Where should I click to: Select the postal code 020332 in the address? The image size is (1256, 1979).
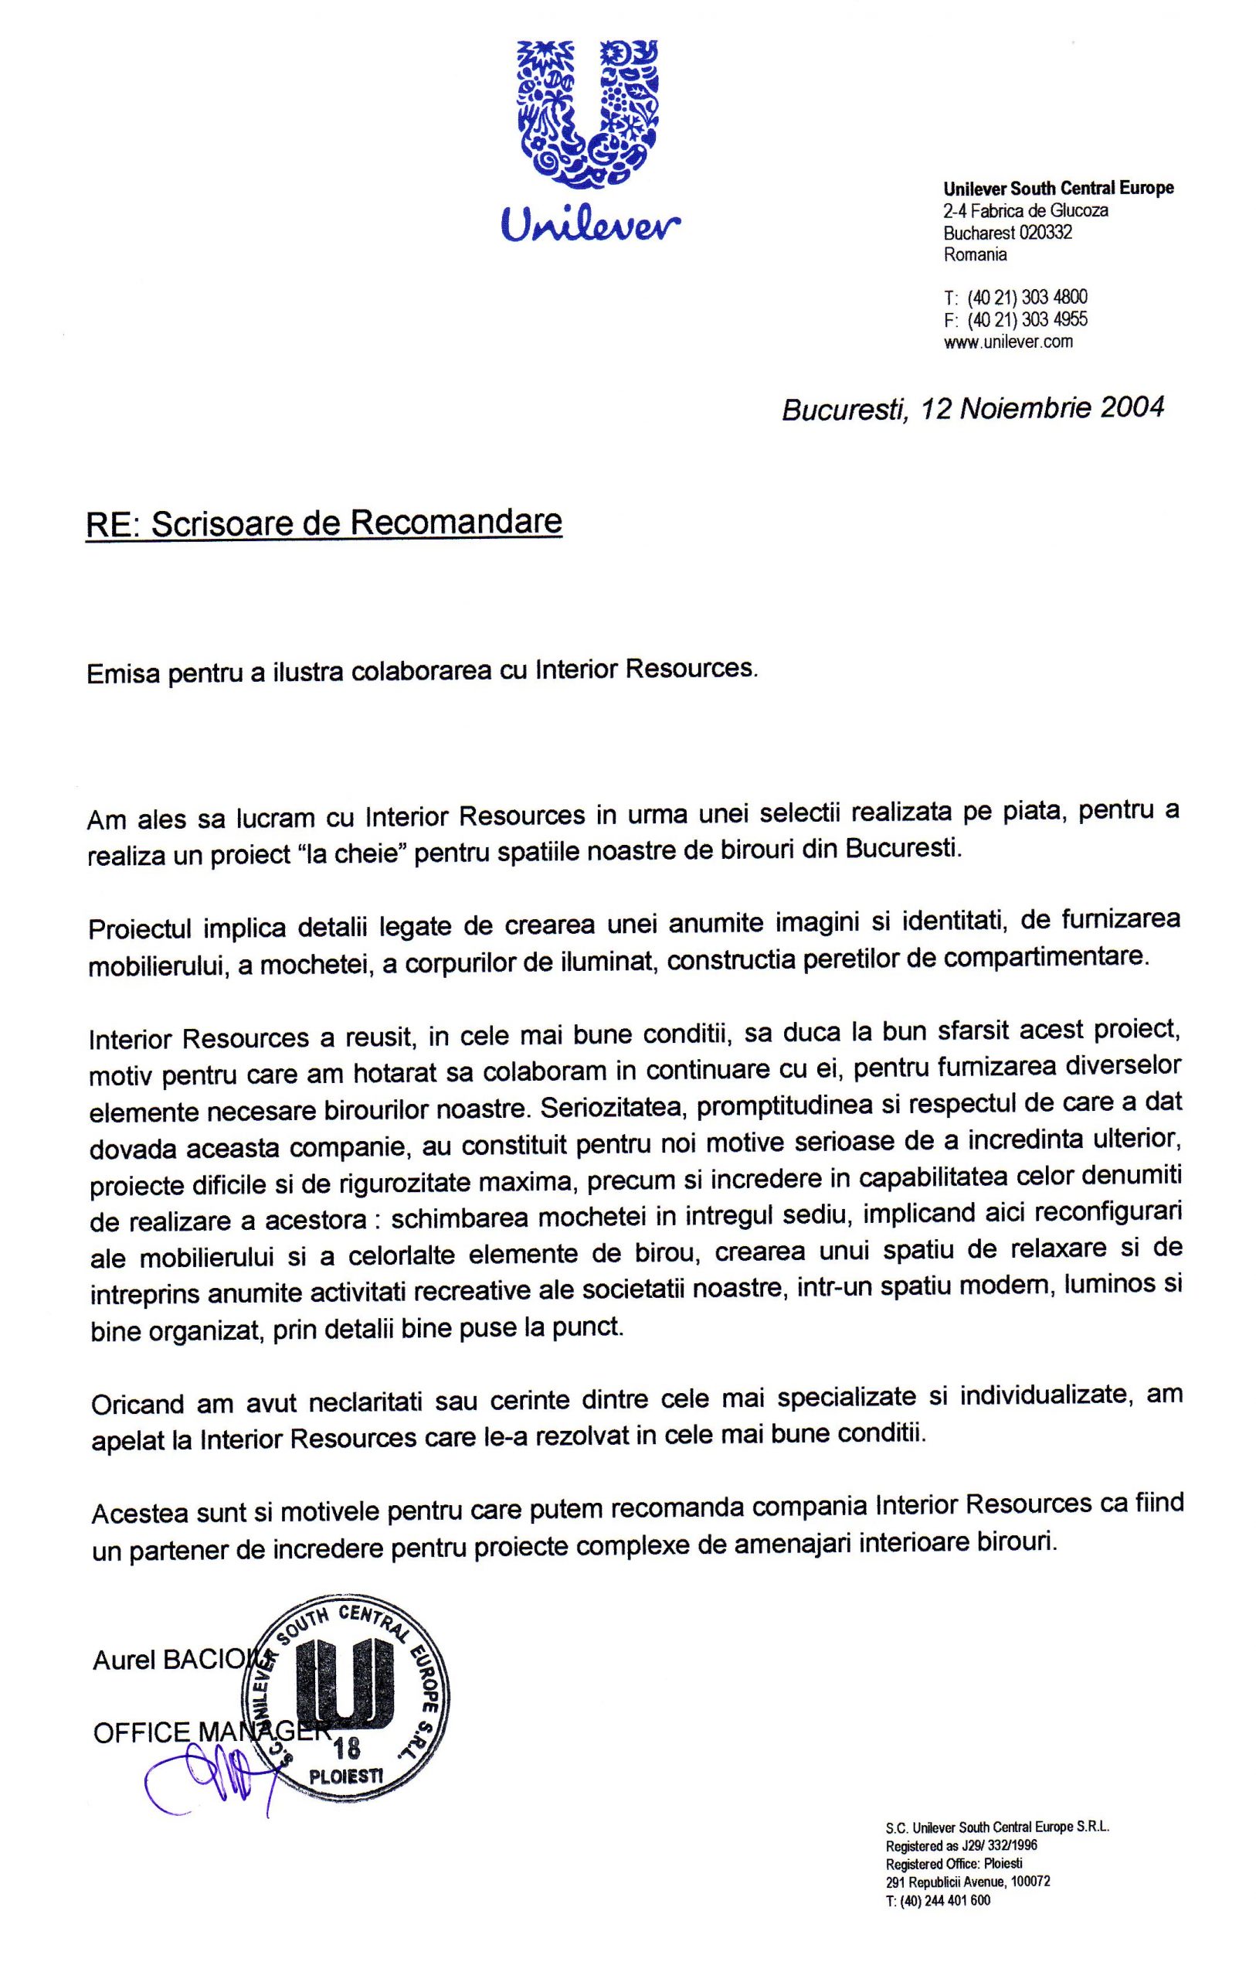click(1045, 233)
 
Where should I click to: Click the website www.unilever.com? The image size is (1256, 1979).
click(1008, 341)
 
